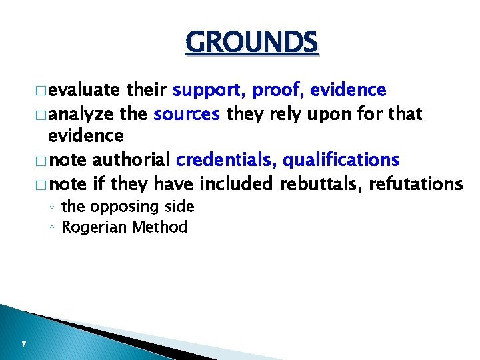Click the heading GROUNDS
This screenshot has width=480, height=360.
click(x=252, y=43)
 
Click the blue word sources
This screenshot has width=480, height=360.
click(x=187, y=114)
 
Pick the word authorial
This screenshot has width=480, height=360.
click(x=131, y=160)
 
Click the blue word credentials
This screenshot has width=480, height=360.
click(x=226, y=160)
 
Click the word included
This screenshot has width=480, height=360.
click(x=236, y=183)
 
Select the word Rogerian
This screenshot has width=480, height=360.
click(x=95, y=228)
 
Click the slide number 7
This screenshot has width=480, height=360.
click(x=23, y=344)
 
